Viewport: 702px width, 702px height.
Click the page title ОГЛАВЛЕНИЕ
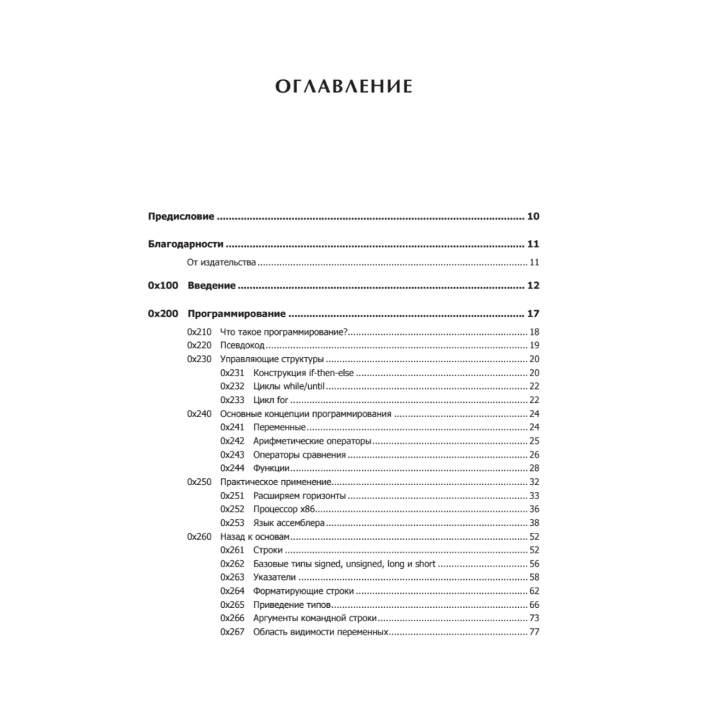[x=343, y=87]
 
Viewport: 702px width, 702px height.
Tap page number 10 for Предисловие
[x=532, y=216]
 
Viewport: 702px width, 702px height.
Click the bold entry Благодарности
[x=185, y=245]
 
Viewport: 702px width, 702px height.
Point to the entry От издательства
[x=220, y=263]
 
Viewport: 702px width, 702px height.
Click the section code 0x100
[x=164, y=286]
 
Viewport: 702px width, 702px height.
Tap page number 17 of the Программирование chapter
[x=532, y=314]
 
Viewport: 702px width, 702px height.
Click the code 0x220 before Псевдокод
[x=199, y=345]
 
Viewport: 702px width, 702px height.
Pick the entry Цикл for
[x=270, y=400]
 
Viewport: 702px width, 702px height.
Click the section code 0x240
[x=199, y=414]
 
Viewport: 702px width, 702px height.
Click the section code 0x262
[x=232, y=564]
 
